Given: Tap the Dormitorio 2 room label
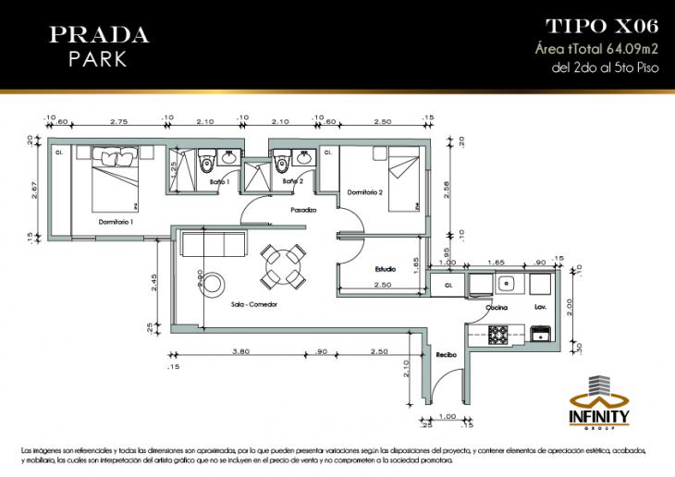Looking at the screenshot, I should click(x=365, y=192).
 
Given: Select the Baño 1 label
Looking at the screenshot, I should click(x=218, y=182).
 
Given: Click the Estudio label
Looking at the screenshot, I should click(x=385, y=269).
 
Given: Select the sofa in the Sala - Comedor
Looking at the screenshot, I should click(x=214, y=244).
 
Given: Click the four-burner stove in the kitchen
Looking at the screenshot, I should click(x=499, y=334).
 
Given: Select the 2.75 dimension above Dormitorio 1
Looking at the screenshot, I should click(x=117, y=121).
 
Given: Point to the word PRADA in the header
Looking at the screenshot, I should click(x=99, y=34).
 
